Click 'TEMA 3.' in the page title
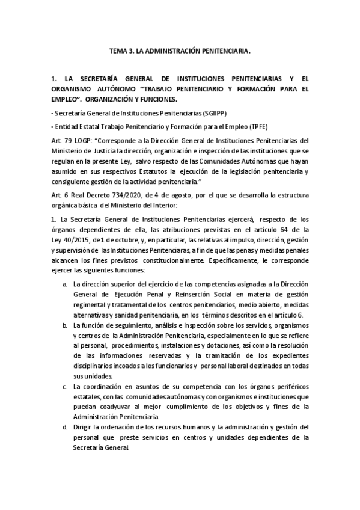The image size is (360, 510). tap(123, 52)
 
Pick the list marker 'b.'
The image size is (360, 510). tap(64, 325)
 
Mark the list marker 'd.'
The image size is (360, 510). tap(64, 427)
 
